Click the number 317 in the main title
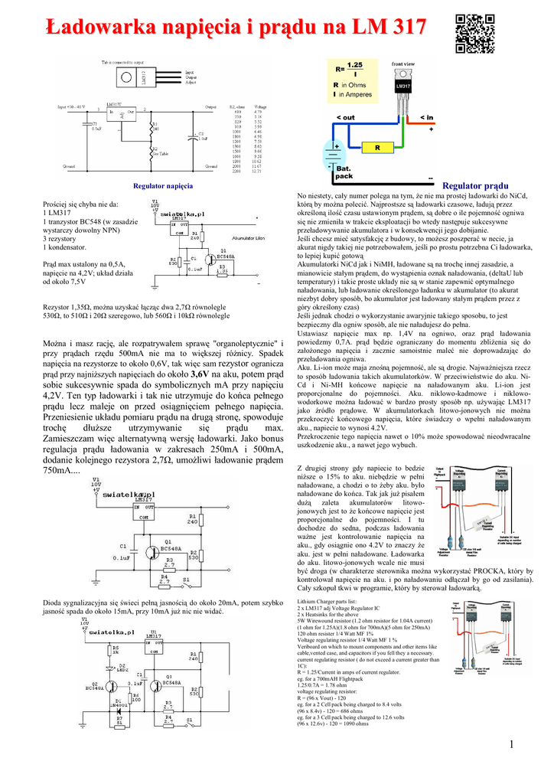400,28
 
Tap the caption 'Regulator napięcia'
162,186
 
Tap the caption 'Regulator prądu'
475,186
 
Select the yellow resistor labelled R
377,147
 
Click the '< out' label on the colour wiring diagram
345,117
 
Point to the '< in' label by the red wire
425,117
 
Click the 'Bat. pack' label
344,172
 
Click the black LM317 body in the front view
403,87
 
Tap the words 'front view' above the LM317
403,64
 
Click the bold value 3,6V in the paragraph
200,374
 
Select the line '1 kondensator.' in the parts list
65,247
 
